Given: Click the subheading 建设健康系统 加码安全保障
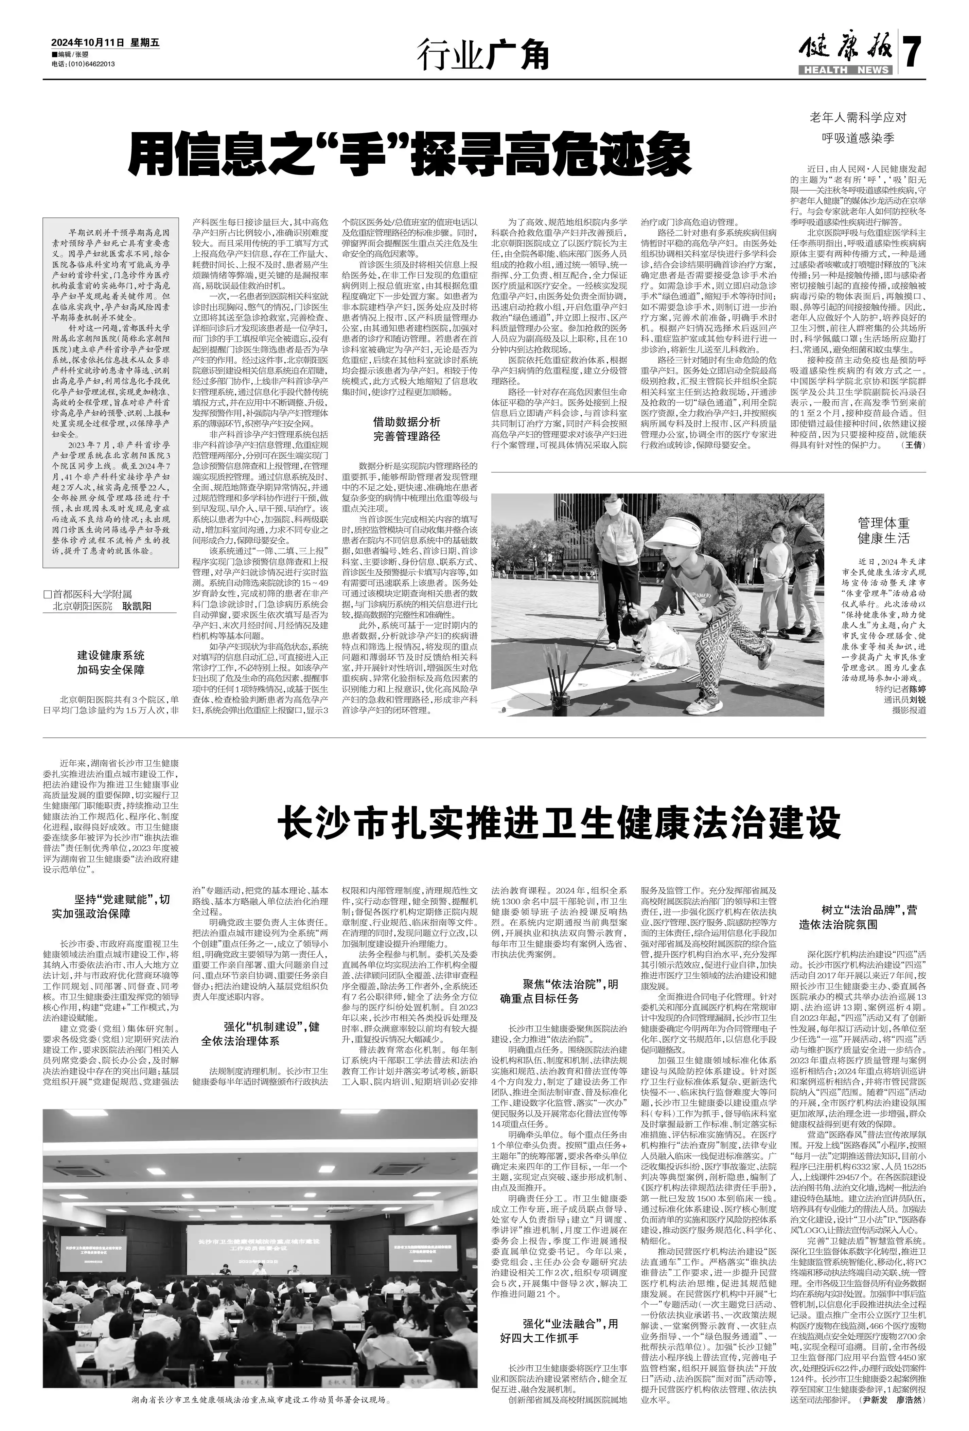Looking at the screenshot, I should coord(110,663).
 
